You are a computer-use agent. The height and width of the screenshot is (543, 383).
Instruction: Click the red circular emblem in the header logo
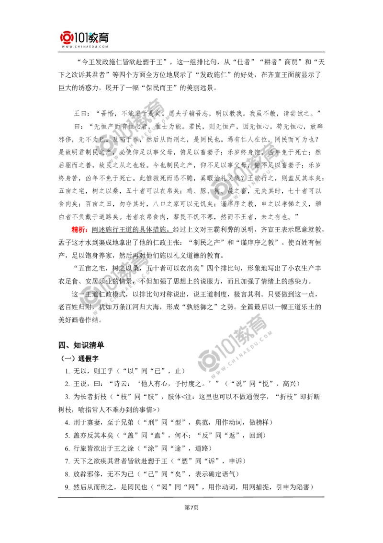click(x=66, y=37)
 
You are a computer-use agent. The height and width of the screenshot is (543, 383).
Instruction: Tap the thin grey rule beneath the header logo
click(x=84, y=53)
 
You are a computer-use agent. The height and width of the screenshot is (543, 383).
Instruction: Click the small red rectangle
click(x=79, y=229)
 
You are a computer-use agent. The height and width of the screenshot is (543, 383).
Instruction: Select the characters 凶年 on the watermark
click(x=273, y=153)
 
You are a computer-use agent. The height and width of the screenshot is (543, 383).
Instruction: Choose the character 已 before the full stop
click(x=101, y=140)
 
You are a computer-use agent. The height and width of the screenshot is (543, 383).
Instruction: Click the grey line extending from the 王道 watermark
click(x=230, y=263)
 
